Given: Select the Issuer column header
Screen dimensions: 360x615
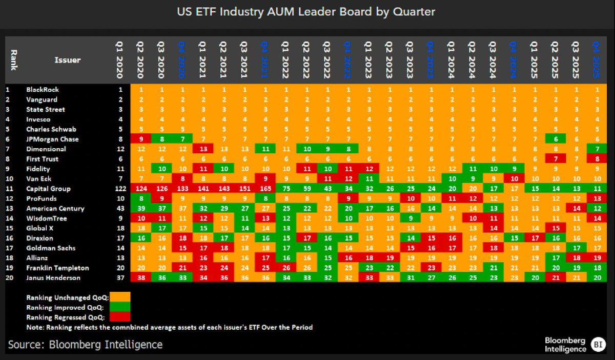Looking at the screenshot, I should click(x=67, y=60).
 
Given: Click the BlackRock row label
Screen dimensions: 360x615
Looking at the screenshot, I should click(x=43, y=90).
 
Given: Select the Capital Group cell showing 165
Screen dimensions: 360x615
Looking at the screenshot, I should click(x=264, y=189).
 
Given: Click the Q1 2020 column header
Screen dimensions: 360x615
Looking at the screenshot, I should click(x=119, y=60).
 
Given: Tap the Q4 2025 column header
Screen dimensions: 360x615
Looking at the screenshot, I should click(x=596, y=60).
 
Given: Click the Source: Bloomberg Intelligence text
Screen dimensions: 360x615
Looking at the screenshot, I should click(x=85, y=344).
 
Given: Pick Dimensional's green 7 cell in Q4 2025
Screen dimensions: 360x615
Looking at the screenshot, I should click(x=596, y=149).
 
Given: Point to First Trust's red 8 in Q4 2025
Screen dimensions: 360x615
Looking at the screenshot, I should click(x=596, y=159).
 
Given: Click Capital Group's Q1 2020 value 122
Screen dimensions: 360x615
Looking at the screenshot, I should click(x=119, y=189).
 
